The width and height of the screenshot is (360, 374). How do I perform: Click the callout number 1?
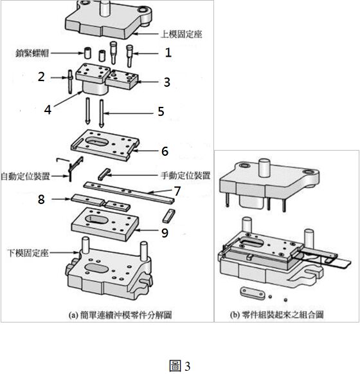[168, 53]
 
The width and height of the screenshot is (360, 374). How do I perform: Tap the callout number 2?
[41, 77]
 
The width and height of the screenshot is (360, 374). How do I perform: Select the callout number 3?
[167, 82]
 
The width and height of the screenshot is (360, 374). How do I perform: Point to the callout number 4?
[48, 110]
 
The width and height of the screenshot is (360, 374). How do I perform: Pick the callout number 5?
[161, 111]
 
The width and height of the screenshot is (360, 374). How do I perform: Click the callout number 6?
[165, 151]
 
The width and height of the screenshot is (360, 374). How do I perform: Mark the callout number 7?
[177, 191]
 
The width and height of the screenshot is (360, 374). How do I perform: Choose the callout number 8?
[41, 199]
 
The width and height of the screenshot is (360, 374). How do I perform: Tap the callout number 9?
[165, 233]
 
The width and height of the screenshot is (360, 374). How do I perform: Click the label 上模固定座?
[181, 34]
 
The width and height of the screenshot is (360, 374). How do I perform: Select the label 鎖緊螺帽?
[32, 53]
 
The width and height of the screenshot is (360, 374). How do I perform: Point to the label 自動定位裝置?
[25, 176]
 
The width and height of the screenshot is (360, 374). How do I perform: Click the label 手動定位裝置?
[185, 176]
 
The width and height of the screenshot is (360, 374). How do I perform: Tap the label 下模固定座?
[28, 253]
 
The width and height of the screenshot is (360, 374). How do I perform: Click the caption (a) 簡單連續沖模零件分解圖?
[120, 315]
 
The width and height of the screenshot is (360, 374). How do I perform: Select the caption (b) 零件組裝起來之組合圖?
[276, 315]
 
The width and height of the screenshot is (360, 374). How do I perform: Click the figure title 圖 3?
[180, 366]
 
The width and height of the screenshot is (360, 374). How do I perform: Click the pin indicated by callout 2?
[70, 82]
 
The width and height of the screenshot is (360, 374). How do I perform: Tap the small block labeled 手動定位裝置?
[104, 174]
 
